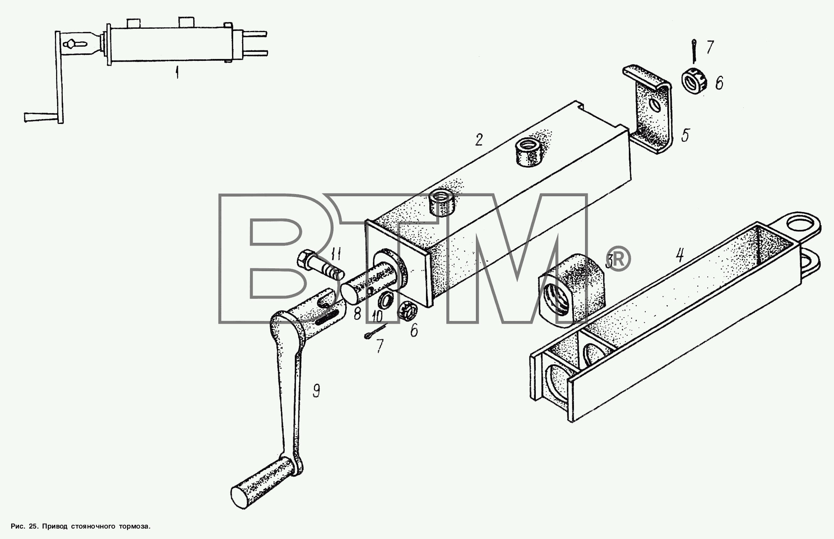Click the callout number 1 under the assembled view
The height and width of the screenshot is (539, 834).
177,72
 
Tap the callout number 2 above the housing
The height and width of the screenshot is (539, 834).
479,140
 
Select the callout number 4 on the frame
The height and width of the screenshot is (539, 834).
680,256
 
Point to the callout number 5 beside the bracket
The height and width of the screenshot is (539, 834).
685,135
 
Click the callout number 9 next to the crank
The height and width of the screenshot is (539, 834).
316,391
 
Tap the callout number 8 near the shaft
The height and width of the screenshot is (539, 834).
357,314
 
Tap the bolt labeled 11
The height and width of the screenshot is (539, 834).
320,265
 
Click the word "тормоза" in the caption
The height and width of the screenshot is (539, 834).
134,526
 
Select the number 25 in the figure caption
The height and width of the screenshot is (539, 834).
33,526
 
